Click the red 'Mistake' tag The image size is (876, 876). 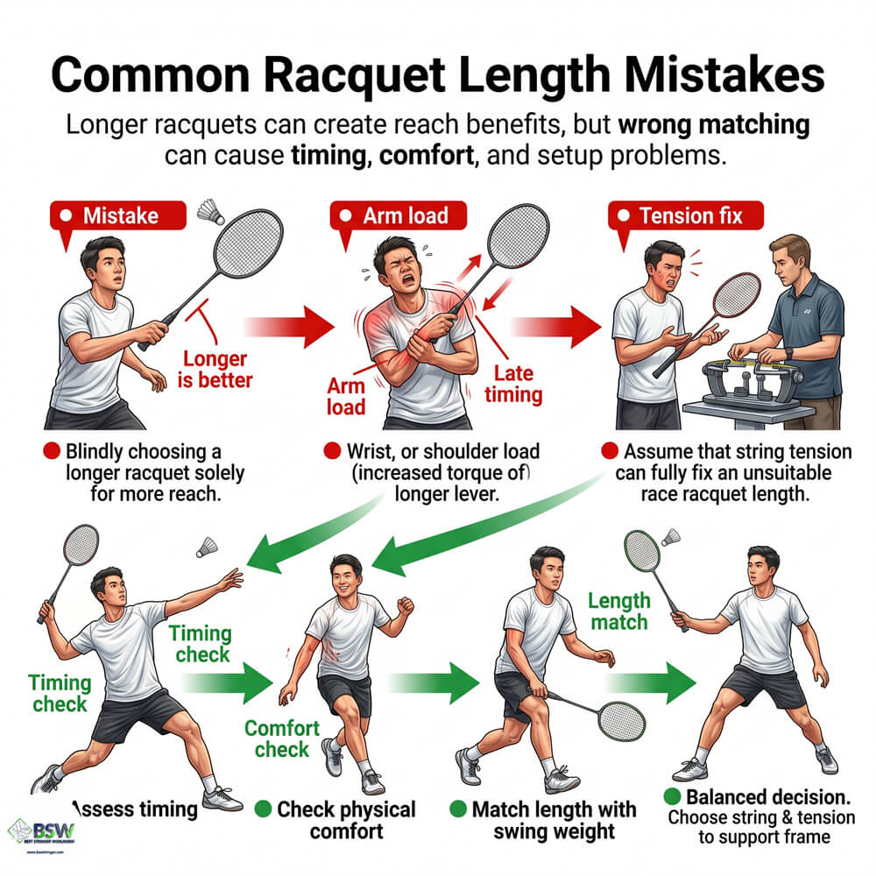(118, 215)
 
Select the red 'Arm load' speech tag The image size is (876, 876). (399, 215)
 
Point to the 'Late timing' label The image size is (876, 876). (513, 383)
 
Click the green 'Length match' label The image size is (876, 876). (618, 611)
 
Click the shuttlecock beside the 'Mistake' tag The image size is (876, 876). (209, 210)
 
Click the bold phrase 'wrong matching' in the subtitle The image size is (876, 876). (713, 124)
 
